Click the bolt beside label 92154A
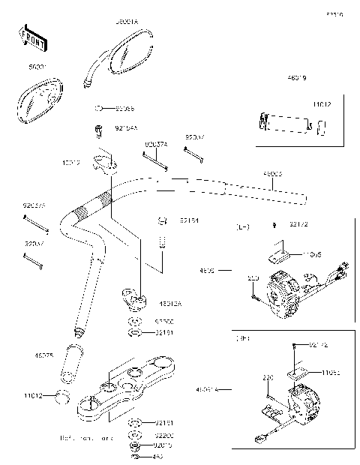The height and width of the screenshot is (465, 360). [97, 132]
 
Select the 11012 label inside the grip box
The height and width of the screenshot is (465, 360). [321, 105]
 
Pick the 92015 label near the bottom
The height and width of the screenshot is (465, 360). [163, 445]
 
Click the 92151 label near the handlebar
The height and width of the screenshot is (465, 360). [188, 220]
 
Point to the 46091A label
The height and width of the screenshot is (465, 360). [206, 389]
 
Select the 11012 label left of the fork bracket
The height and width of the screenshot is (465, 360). [32, 394]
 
